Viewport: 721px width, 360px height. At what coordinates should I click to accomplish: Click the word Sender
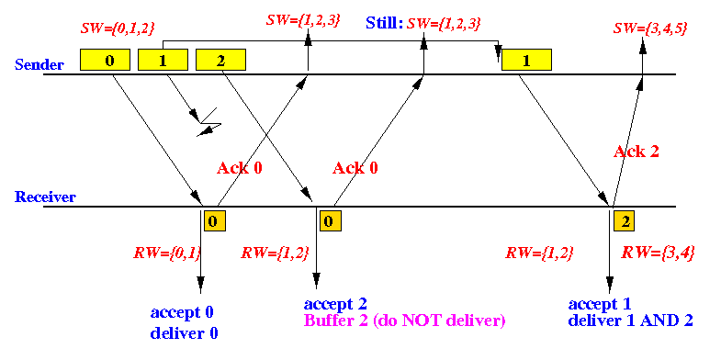pos(39,64)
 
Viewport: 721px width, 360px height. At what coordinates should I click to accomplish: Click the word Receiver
pos(45,197)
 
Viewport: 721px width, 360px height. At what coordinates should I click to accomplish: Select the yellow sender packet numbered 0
pos(105,60)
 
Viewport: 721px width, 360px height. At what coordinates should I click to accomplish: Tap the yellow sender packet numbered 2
pos(220,60)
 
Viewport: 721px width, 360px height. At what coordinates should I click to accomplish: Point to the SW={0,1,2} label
pos(118,28)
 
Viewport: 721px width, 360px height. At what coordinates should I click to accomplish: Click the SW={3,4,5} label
pos(650,28)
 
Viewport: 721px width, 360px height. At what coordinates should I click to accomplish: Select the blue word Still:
pos(384,23)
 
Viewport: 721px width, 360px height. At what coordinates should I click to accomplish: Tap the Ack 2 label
pos(636,152)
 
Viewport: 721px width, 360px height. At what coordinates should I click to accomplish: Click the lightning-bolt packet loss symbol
pos(206,123)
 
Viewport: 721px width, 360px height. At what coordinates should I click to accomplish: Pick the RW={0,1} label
pos(168,253)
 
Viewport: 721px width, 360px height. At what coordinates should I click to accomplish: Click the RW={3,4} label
pos(658,253)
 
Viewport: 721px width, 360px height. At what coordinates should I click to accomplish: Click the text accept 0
pos(182,312)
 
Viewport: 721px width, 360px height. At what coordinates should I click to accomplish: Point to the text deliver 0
pos(184,333)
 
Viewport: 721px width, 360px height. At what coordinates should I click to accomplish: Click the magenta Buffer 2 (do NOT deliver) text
pos(404,321)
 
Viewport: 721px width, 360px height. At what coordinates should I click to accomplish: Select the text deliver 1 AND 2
pos(630,321)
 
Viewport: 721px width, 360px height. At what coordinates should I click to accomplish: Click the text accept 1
pos(600,303)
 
